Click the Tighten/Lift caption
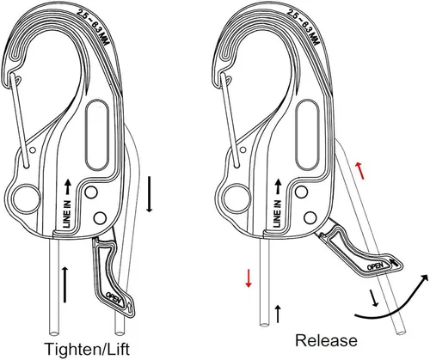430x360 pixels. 87,350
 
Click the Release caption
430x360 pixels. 326,340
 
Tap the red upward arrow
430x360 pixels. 359,170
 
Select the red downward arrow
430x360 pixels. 249,278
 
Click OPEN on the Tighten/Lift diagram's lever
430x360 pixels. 114,298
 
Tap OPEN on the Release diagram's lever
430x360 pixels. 375,266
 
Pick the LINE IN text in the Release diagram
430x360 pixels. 277,214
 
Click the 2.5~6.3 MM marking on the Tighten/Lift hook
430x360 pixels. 94,27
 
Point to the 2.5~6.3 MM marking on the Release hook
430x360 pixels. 304,27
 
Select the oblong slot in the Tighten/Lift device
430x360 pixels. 97,136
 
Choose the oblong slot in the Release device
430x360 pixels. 307,135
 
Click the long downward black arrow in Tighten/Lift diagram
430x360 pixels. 149,194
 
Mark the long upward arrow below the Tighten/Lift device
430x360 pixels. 64,284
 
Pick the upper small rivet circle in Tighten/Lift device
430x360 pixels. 91,192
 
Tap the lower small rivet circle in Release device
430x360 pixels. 310,217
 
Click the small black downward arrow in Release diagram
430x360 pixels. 373,298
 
